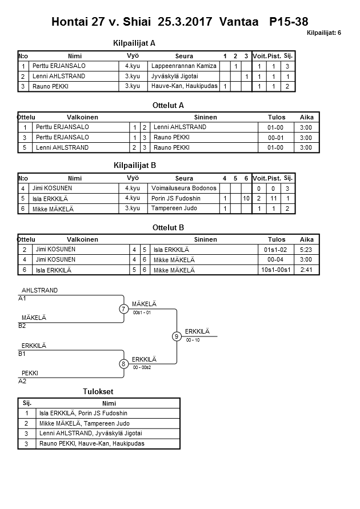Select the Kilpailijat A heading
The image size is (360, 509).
point(135,42)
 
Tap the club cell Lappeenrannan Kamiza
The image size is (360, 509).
point(183,66)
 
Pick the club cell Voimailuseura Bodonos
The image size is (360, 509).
point(183,188)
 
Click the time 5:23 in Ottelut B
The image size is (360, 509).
point(306,250)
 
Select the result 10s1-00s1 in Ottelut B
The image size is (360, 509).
point(276,270)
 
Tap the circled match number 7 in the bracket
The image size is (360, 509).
point(124,309)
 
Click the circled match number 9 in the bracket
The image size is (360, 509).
point(177,336)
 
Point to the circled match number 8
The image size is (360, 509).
point(124,364)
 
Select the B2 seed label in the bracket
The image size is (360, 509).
point(22,326)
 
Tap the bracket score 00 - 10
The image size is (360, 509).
point(193,340)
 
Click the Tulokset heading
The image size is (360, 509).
point(98,392)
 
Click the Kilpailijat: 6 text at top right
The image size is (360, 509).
point(323,33)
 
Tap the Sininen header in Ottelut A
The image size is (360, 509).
point(205,117)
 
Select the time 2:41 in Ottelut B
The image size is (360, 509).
point(306,270)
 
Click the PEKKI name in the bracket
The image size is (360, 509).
point(30,373)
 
